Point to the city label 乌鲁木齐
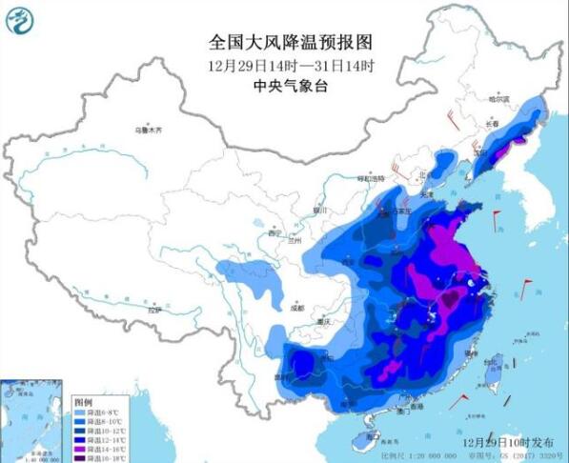tap(154, 129)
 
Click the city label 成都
tap(297, 307)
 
